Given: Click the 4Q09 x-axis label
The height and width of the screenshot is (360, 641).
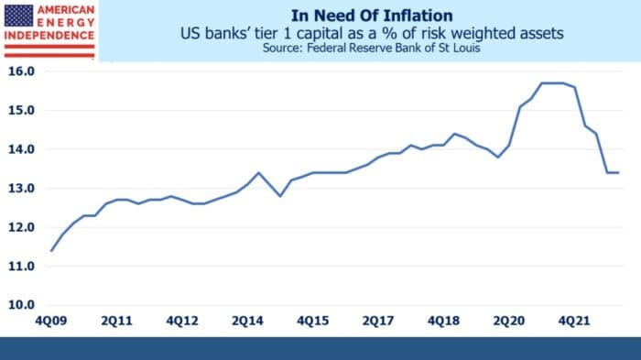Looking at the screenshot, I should coord(51,322).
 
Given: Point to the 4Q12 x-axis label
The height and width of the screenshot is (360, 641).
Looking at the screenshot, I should coord(182,322).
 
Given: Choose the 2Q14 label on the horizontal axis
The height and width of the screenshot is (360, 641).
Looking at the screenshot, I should coord(248,322).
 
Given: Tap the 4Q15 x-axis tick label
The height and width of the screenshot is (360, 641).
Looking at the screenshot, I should coord(313,322).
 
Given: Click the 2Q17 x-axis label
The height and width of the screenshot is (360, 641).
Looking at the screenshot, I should coord(379,322).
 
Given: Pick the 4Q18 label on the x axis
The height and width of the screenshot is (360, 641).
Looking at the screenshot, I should coord(444,322).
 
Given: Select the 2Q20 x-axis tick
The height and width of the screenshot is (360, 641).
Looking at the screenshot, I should coord(510,322).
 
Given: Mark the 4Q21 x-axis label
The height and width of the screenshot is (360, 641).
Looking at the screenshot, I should coord(575,322).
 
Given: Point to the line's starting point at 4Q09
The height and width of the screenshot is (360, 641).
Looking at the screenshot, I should coord(51,250).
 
